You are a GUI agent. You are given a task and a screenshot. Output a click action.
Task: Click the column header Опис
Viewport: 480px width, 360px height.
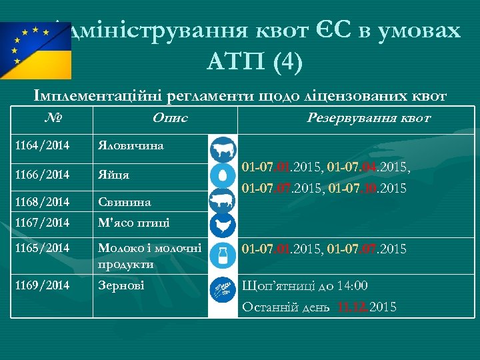[x=170, y=118]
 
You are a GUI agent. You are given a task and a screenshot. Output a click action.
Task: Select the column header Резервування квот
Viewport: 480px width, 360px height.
[x=368, y=118]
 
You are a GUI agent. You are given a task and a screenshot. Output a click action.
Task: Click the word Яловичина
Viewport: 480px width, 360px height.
[x=131, y=145]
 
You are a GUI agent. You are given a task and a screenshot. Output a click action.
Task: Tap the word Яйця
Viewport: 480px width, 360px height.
[x=114, y=175]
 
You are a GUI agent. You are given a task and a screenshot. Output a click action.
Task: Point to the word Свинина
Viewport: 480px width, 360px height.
[x=125, y=202]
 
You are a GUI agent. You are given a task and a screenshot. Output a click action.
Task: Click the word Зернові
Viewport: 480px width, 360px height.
[x=121, y=285]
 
